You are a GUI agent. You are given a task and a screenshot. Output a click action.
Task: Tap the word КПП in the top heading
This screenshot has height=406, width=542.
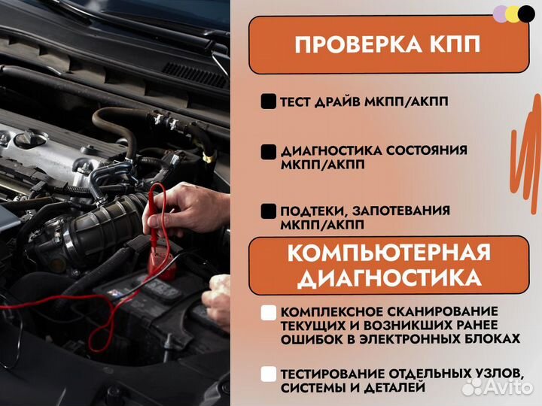pos(453,44)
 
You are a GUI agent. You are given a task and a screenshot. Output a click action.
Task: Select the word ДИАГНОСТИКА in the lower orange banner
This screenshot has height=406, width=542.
pos(389,279)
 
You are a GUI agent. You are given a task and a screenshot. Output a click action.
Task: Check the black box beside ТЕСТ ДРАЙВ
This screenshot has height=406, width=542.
pos(268,101)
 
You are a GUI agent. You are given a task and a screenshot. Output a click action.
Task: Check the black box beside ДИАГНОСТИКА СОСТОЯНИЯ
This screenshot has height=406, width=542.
pos(268,150)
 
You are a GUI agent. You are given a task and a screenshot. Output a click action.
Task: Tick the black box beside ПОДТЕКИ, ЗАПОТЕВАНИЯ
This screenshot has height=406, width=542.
pos(268,211)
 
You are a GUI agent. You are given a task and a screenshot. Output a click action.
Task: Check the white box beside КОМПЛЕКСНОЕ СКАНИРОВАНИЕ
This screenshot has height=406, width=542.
pos(268,311)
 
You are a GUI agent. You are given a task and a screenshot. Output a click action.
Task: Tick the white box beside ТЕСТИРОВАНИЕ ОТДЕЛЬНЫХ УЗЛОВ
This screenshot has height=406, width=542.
pos(268,374)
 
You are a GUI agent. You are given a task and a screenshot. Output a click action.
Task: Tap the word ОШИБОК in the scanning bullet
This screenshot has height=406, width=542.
pos(309,339)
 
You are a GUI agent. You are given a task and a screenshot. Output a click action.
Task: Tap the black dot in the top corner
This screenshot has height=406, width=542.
pos(526,14)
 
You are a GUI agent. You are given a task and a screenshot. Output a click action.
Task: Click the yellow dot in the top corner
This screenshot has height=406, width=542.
pos(513,14)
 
